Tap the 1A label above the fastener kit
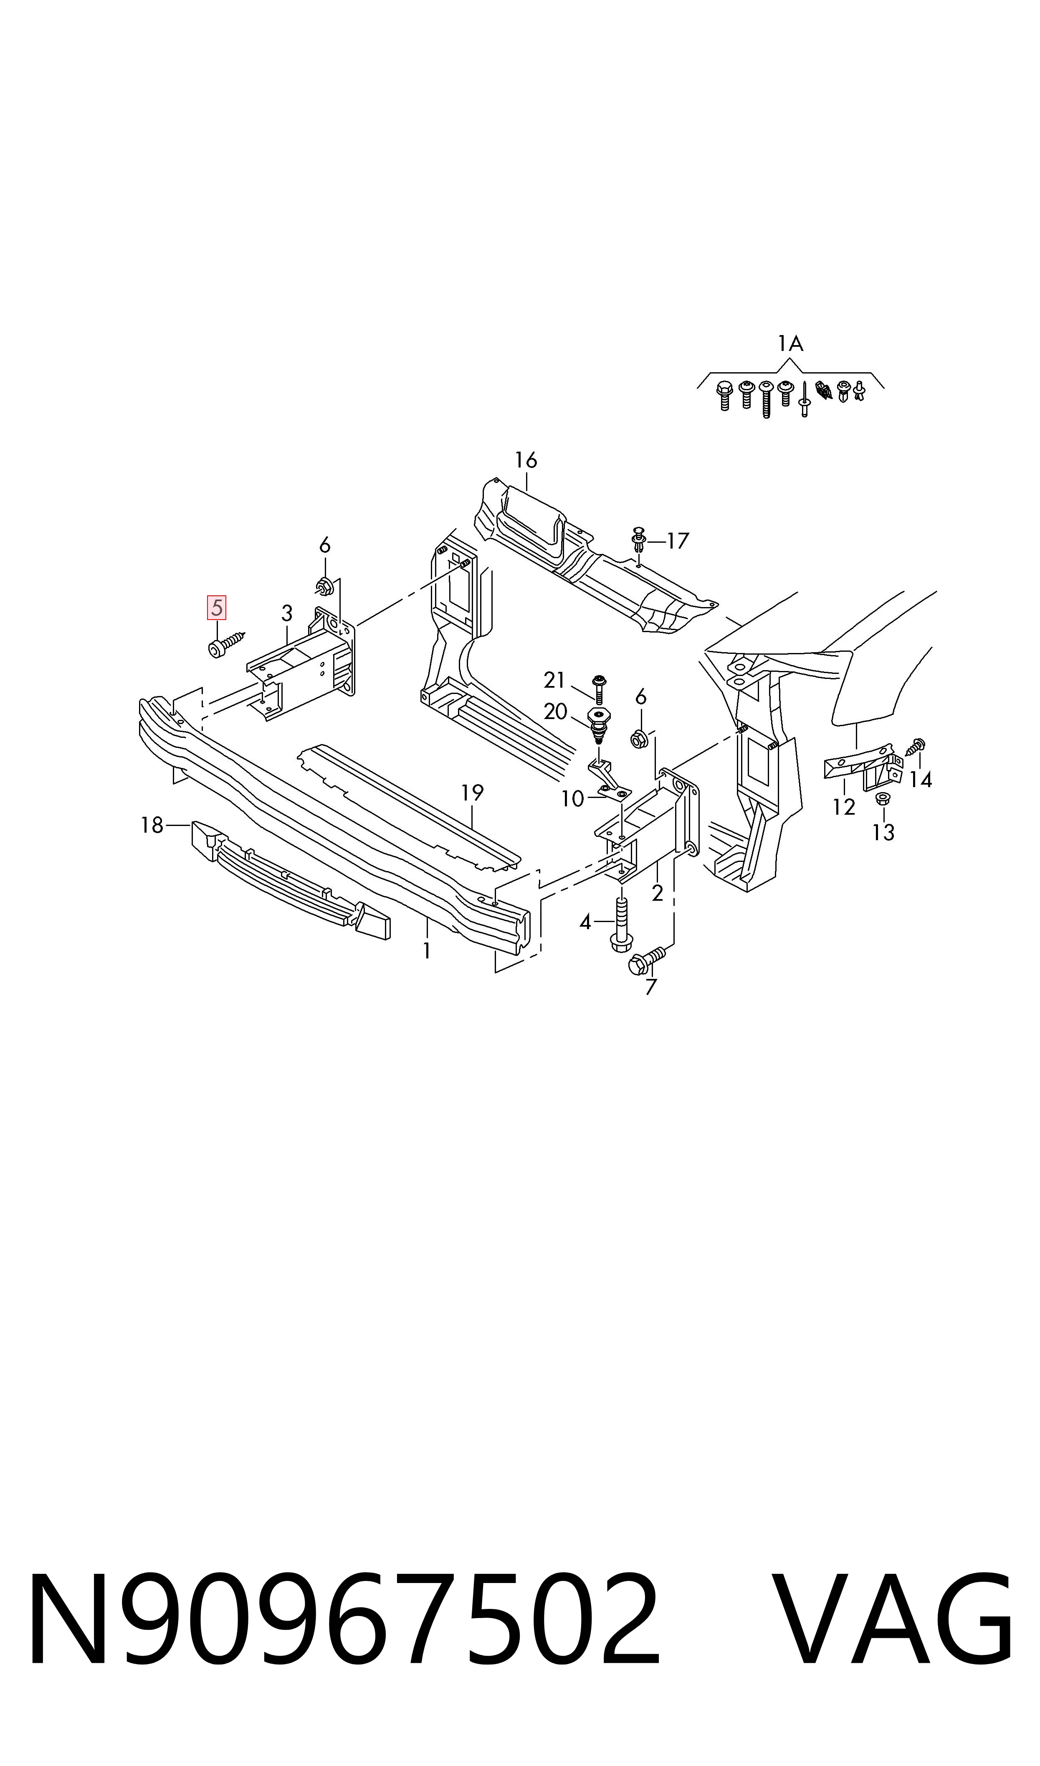point(790,343)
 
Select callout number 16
point(526,460)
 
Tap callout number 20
point(555,711)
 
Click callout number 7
point(651,987)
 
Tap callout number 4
point(586,922)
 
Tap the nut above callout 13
point(883,798)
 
